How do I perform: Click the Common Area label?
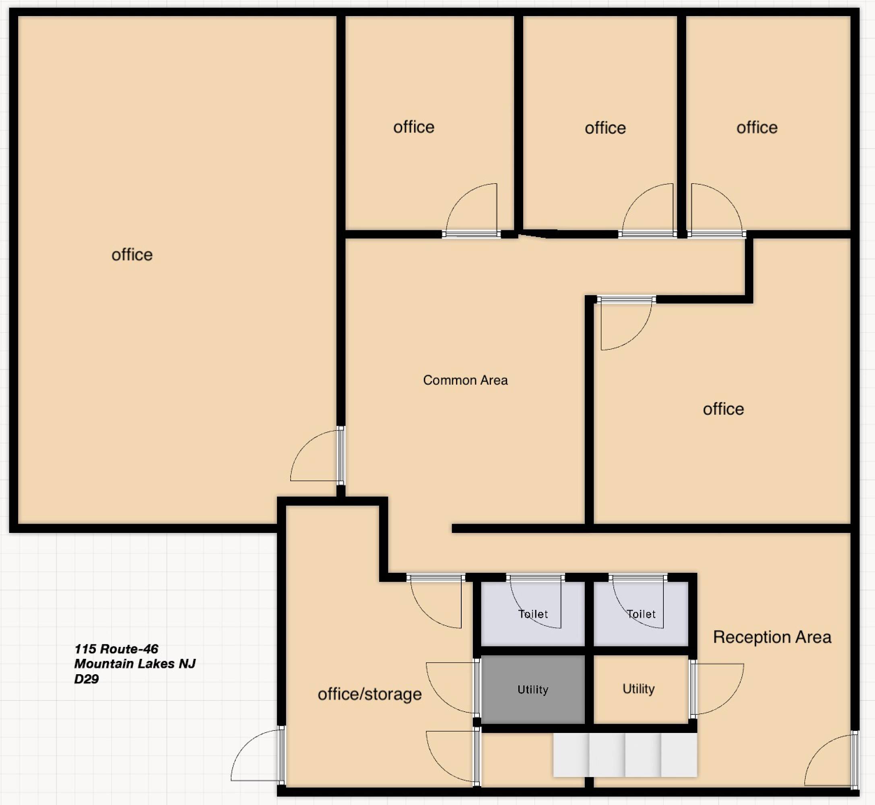point(465,380)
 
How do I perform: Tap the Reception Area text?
point(772,637)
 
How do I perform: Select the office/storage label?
point(369,694)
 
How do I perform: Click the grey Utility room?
point(532,689)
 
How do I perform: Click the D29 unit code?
point(86,679)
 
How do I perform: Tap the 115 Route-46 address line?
point(116,649)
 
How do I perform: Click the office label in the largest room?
point(132,255)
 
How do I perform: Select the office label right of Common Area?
point(723,409)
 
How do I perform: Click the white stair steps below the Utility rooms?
point(625,755)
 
